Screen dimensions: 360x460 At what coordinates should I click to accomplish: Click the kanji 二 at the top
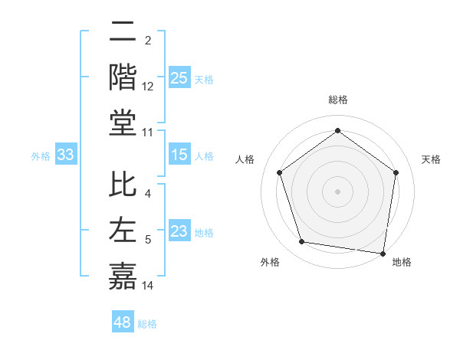click(x=123, y=33)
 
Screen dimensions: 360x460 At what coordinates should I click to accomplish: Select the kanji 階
click(x=123, y=77)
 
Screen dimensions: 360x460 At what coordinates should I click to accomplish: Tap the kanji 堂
click(x=123, y=123)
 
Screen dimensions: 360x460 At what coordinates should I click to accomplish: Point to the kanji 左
click(x=123, y=231)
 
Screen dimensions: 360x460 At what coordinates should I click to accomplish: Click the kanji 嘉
click(x=123, y=276)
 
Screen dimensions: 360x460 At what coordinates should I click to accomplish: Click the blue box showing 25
click(x=179, y=77)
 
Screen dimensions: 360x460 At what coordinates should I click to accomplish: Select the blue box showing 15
click(x=179, y=155)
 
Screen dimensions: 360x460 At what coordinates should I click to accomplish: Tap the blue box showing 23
click(x=179, y=231)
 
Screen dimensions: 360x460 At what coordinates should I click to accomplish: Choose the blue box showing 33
click(x=66, y=155)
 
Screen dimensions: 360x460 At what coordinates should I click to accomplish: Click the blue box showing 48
click(x=123, y=322)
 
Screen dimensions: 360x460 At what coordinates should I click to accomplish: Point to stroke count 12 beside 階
click(x=148, y=87)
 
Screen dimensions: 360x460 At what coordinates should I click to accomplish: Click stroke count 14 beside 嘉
click(x=148, y=286)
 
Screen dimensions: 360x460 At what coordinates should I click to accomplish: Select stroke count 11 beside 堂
click(x=148, y=133)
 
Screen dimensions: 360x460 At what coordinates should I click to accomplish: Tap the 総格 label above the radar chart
click(x=338, y=100)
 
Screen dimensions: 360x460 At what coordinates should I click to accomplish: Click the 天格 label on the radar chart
click(x=431, y=159)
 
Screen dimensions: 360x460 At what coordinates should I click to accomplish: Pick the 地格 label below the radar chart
click(x=402, y=263)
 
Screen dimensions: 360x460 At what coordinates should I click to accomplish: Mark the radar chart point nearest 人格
click(x=280, y=172)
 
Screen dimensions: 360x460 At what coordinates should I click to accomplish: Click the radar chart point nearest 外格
click(x=302, y=242)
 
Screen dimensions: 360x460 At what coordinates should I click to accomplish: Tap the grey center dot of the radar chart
click(x=338, y=191)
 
